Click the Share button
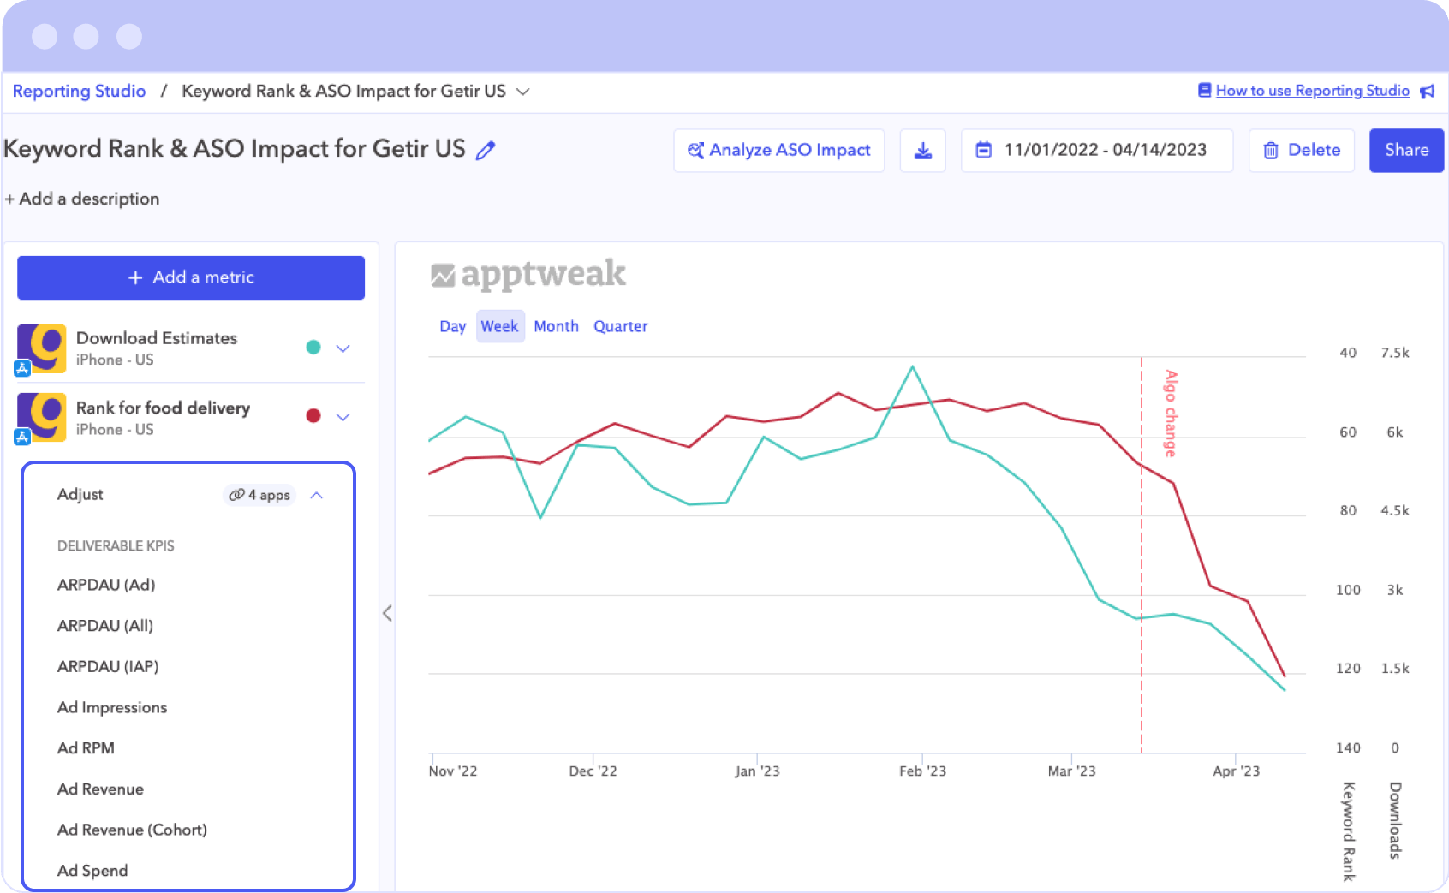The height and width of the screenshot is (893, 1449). tap(1405, 150)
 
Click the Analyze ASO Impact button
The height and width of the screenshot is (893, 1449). tap(778, 150)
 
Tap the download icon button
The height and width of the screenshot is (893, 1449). tap(922, 151)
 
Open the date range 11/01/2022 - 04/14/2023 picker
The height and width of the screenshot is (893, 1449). tap(1096, 150)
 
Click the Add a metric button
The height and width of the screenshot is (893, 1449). tap(191, 277)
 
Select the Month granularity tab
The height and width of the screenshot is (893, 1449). tap(556, 326)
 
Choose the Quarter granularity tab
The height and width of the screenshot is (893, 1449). tap(620, 326)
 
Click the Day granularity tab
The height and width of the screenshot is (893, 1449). tap(452, 326)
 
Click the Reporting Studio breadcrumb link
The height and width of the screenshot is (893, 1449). tap(79, 91)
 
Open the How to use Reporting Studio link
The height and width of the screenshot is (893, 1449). tap(1312, 91)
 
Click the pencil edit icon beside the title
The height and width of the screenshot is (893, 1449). tap(486, 151)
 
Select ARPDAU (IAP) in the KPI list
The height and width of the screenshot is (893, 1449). tap(108, 666)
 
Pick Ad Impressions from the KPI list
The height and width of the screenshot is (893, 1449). tap(112, 707)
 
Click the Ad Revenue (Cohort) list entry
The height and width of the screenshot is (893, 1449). tap(132, 830)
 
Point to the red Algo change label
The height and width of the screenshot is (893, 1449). tap(1170, 413)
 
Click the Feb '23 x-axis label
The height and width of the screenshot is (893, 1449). tap(922, 771)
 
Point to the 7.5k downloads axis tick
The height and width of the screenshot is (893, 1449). tap(1394, 353)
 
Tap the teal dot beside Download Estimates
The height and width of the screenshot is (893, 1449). tap(313, 347)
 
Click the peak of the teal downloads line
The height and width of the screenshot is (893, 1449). tap(912, 367)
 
